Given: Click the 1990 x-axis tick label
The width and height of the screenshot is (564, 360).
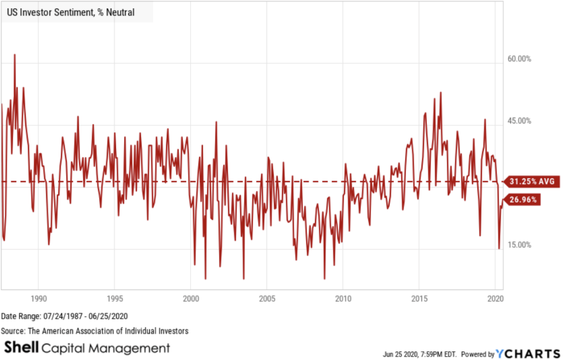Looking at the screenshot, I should [38, 299].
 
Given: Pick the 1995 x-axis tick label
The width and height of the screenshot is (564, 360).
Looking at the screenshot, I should [114, 299].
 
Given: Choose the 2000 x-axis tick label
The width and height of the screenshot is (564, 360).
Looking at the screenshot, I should [190, 299].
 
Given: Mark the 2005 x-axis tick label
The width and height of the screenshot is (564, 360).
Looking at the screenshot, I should [267, 299].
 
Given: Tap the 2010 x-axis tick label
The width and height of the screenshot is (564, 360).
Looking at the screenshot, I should [343, 299].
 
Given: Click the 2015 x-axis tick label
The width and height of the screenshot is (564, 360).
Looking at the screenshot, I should [419, 299].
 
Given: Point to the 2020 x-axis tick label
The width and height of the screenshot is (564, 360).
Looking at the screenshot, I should [495, 299].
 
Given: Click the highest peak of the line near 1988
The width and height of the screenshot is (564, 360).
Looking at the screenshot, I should [14, 54].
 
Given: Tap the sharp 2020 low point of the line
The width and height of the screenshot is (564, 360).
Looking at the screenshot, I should [499, 248].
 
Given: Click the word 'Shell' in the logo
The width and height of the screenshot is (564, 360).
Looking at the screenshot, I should [21, 348].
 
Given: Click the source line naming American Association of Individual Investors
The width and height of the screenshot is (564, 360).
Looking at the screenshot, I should [95, 331].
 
